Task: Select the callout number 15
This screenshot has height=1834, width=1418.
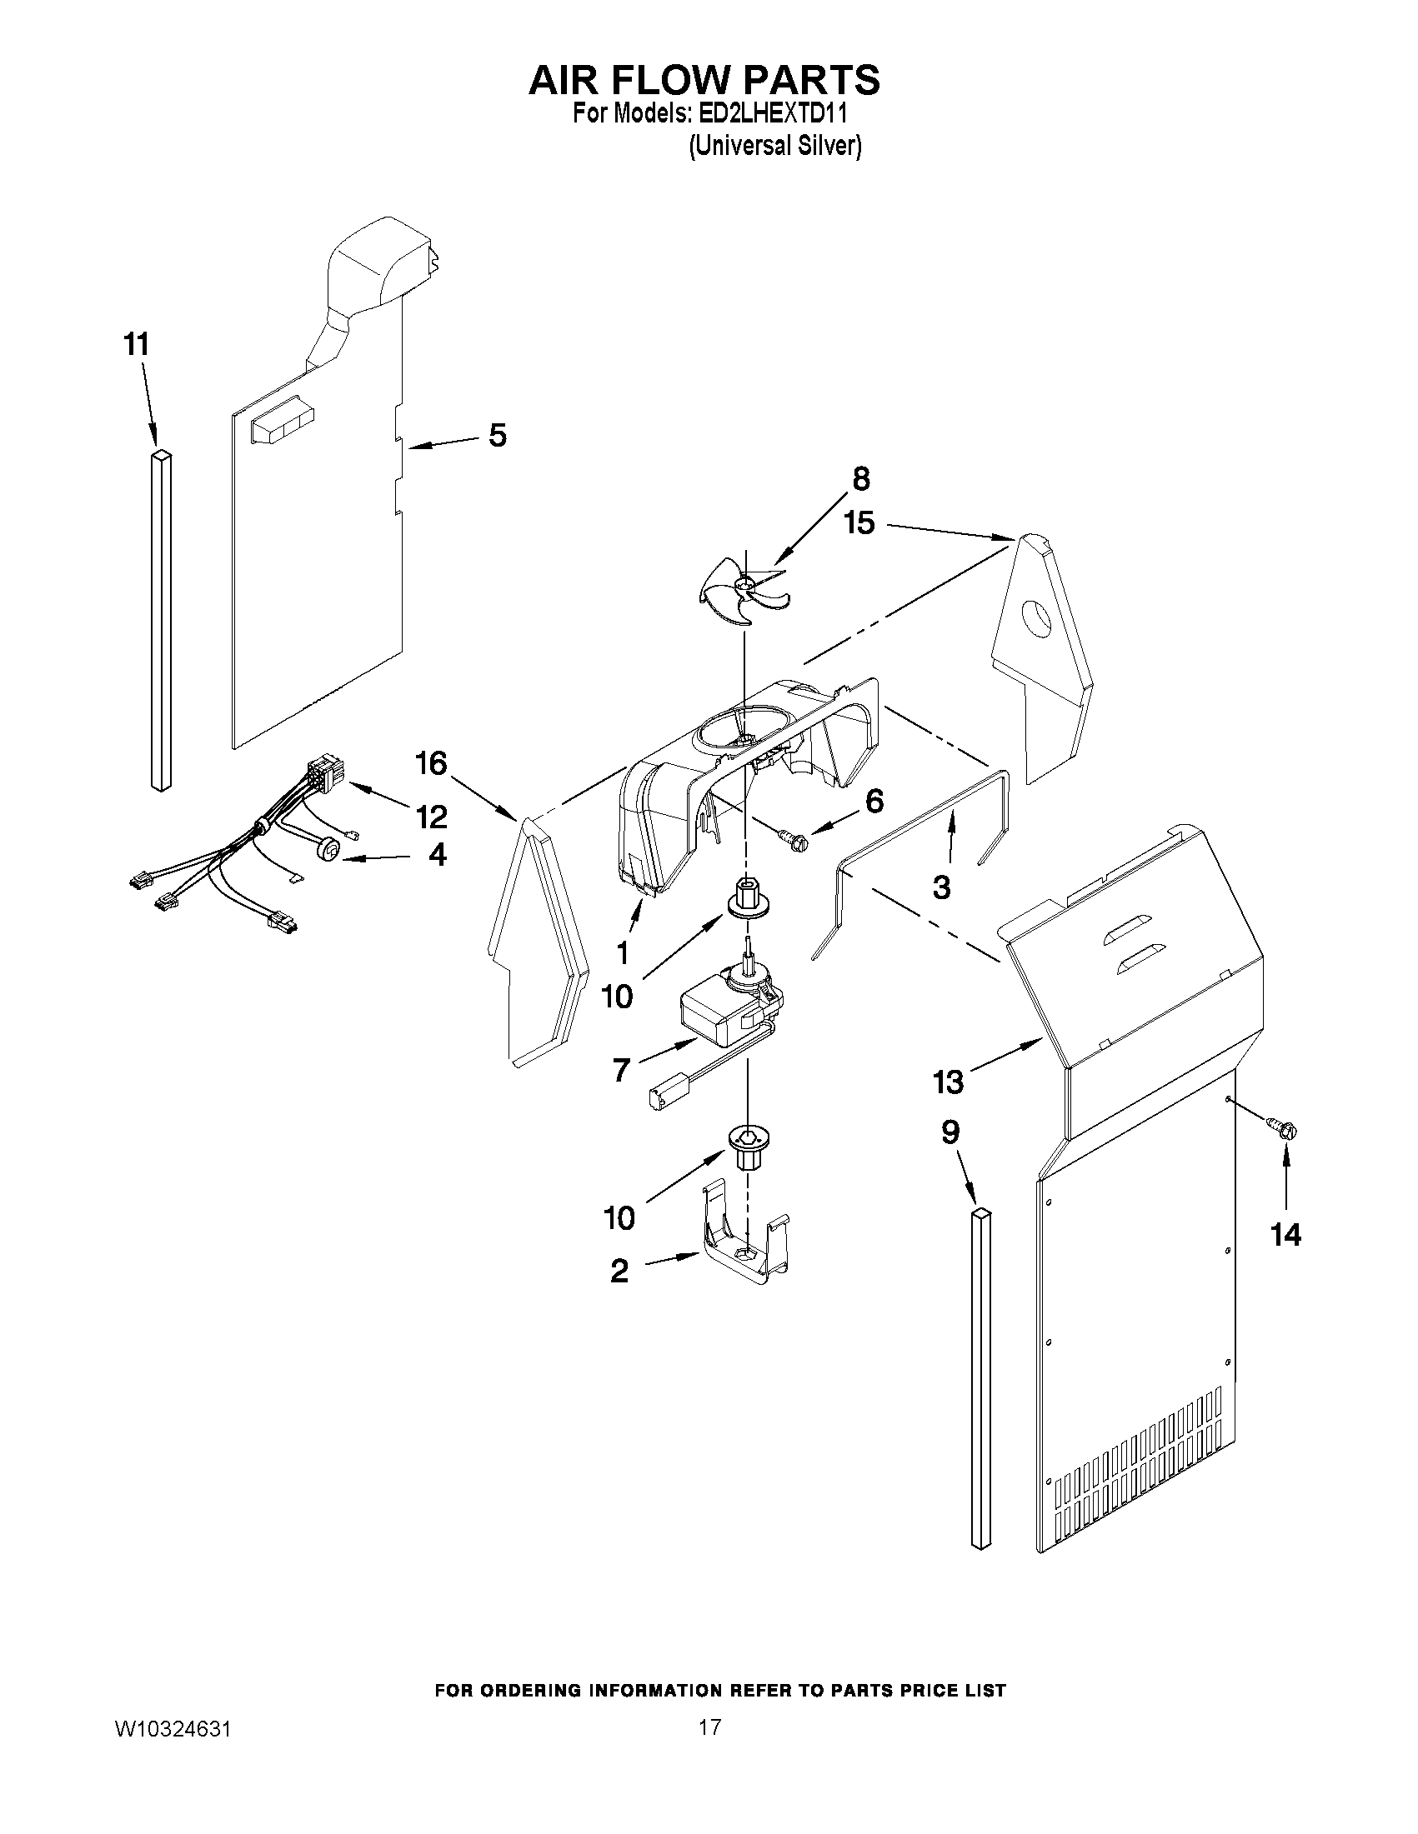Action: coord(859,522)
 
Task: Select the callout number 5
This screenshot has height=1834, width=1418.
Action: coord(498,436)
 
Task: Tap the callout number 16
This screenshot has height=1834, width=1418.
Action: coord(431,763)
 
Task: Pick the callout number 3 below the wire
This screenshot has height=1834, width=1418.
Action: coord(941,886)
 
